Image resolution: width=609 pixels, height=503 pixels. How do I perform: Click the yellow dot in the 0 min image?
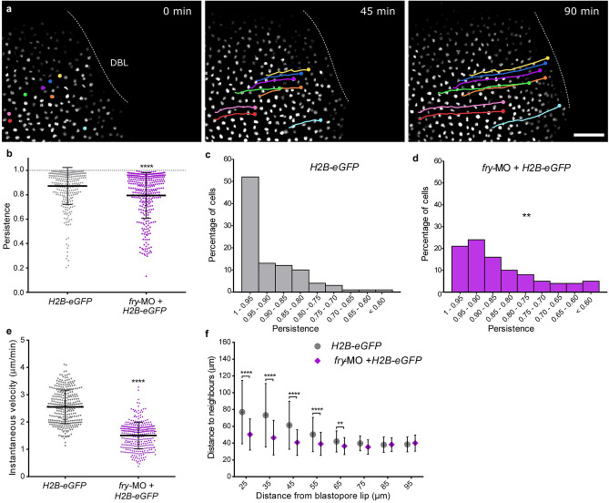click(x=60, y=77)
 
